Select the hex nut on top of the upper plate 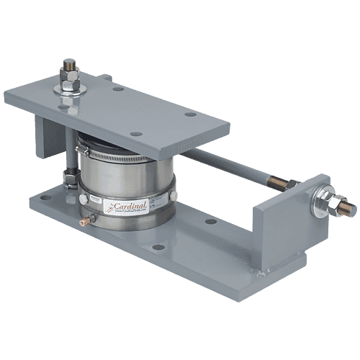(70, 71)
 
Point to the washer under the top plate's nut (70, 87)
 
